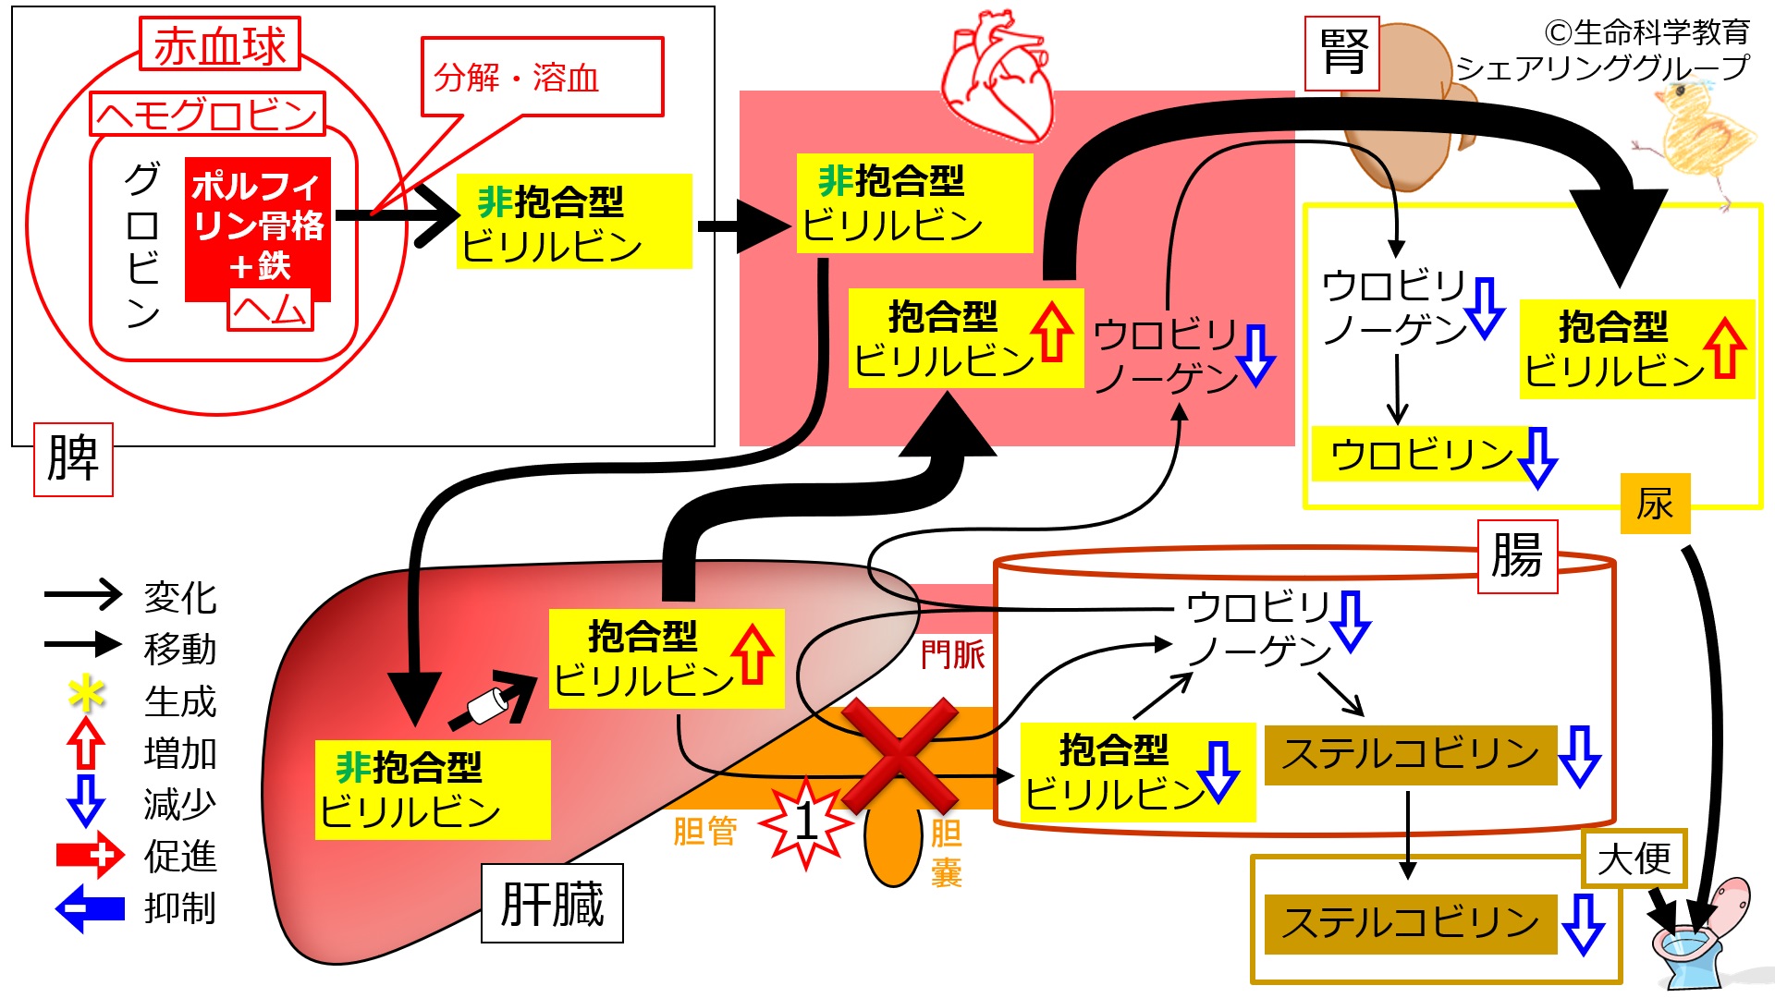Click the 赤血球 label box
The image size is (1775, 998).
pyautogui.click(x=220, y=43)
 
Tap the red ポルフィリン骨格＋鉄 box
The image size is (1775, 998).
pyautogui.click(x=258, y=228)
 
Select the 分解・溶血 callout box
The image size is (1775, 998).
pyautogui.click(x=542, y=77)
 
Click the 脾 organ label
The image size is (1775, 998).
pyautogui.click(x=73, y=459)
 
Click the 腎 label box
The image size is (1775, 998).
pyautogui.click(x=1342, y=53)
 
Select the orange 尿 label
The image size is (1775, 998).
pyautogui.click(x=1655, y=504)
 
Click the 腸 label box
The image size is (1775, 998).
pyautogui.click(x=1517, y=556)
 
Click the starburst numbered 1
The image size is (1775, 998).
pyautogui.click(x=806, y=822)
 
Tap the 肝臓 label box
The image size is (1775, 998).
pyautogui.click(x=552, y=903)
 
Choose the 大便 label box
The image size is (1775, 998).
pyautogui.click(x=1634, y=859)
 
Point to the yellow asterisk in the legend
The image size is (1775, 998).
pyautogui.click(x=87, y=694)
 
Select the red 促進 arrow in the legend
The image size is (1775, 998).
pyautogui.click(x=90, y=855)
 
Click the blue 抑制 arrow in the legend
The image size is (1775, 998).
pyautogui.click(x=90, y=908)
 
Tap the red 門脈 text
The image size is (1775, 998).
pyautogui.click(x=953, y=654)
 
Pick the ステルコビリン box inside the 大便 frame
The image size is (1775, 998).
pyautogui.click(x=1411, y=923)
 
